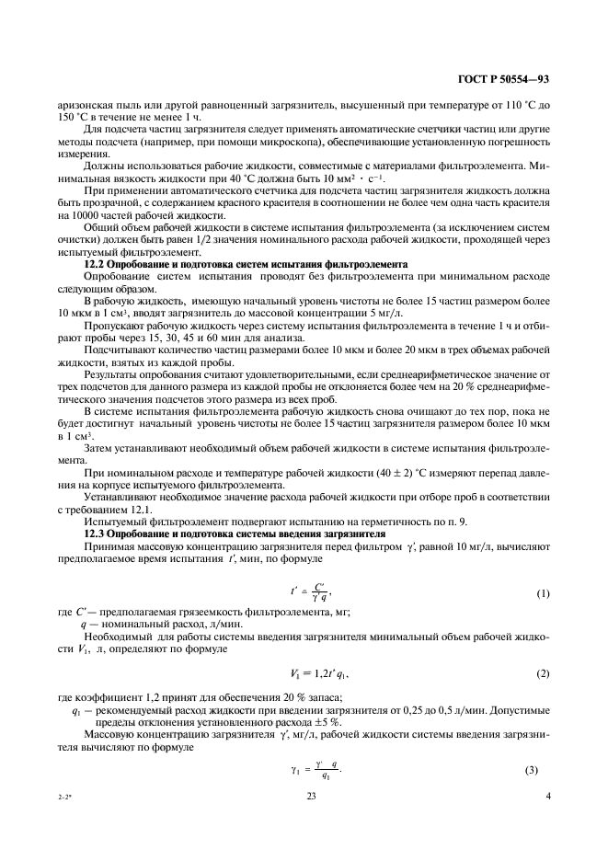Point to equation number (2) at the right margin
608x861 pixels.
point(542,674)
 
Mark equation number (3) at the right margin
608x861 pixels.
point(542,769)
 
